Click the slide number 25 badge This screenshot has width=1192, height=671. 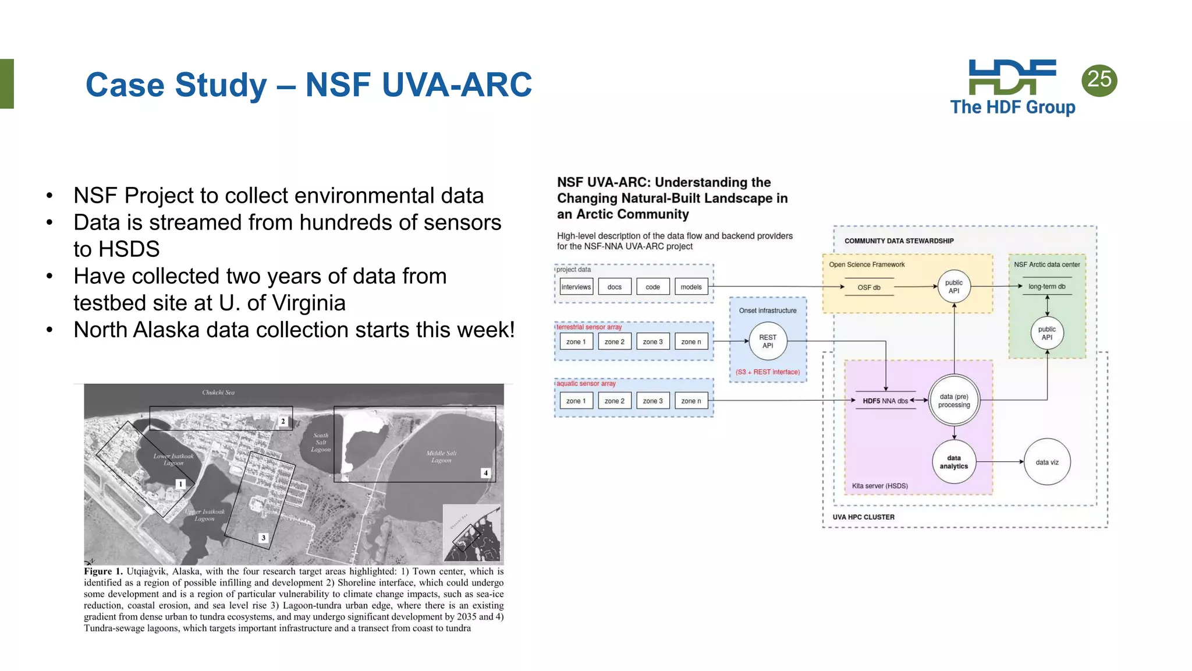(1099, 80)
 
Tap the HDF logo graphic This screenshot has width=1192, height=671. (1012, 77)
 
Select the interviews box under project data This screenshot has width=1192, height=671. (576, 287)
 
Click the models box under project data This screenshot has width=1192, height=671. (691, 287)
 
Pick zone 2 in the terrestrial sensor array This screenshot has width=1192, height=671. (614, 342)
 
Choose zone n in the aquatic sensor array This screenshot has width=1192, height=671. (691, 401)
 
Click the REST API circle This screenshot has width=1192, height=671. (768, 341)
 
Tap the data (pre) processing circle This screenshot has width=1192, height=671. (954, 401)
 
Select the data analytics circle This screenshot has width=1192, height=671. (953, 462)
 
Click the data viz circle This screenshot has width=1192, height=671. (1046, 462)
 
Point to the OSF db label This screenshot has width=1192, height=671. (868, 287)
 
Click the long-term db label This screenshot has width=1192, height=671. (1046, 287)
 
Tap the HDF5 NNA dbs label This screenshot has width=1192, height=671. (885, 401)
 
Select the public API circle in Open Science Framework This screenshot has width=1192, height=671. (953, 287)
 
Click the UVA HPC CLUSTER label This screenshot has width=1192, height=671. (863, 517)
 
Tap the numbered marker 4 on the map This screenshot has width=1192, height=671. (485, 473)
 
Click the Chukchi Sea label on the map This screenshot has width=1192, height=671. (218, 393)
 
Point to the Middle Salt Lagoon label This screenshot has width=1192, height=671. (441, 457)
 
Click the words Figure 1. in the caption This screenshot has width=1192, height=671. (103, 571)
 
